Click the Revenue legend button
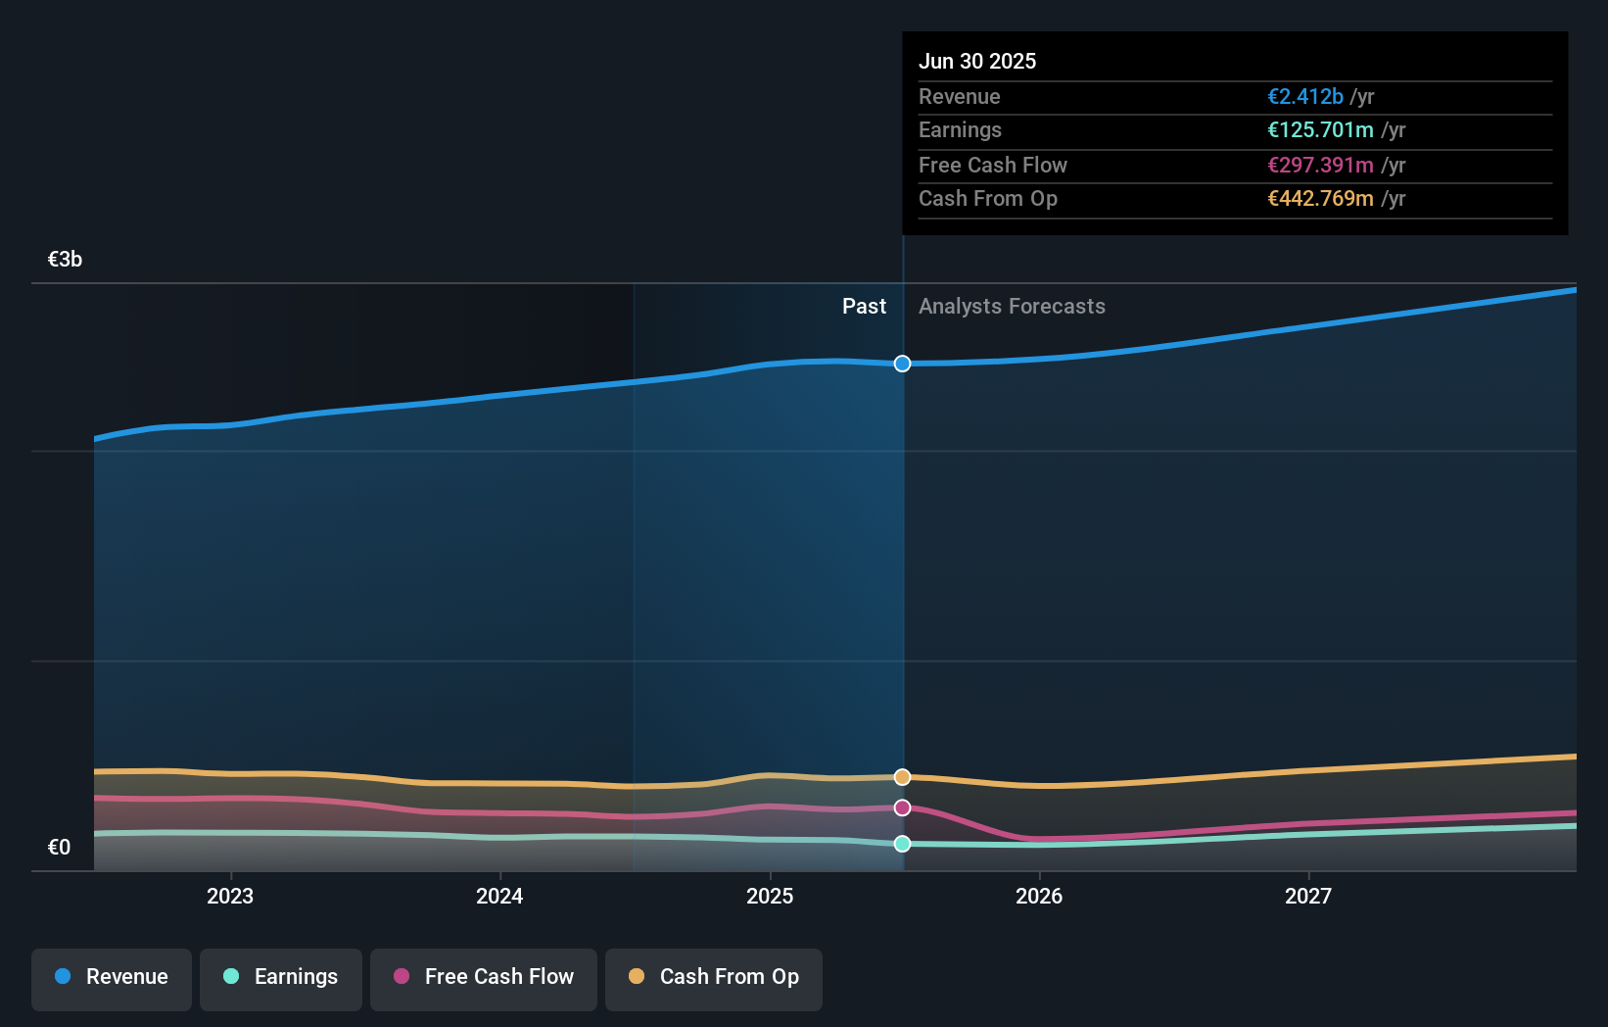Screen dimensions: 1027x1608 (112, 977)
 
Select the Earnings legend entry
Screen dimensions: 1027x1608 (281, 977)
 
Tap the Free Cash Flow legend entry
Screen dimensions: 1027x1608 (484, 977)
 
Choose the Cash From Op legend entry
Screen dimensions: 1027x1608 (714, 977)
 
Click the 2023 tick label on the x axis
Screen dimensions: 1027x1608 (230, 896)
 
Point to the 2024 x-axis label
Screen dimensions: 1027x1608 (499, 896)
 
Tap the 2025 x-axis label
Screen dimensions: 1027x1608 (770, 896)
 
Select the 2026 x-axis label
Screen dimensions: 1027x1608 (1039, 896)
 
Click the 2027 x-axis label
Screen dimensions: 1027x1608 (1308, 896)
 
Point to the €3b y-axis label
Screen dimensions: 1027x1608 (65, 260)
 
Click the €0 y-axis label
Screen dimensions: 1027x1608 (59, 848)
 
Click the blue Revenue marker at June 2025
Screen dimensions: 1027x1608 (902, 364)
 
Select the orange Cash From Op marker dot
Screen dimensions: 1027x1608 (902, 777)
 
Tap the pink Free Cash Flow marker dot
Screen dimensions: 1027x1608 (902, 807)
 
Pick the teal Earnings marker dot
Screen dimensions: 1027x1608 (902, 844)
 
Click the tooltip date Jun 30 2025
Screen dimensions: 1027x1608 (977, 61)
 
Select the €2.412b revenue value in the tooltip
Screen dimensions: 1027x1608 (1304, 96)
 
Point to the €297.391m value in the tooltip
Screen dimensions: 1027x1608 (1320, 165)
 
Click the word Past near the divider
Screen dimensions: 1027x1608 (864, 307)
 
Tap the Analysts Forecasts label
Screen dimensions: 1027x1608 (1012, 307)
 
